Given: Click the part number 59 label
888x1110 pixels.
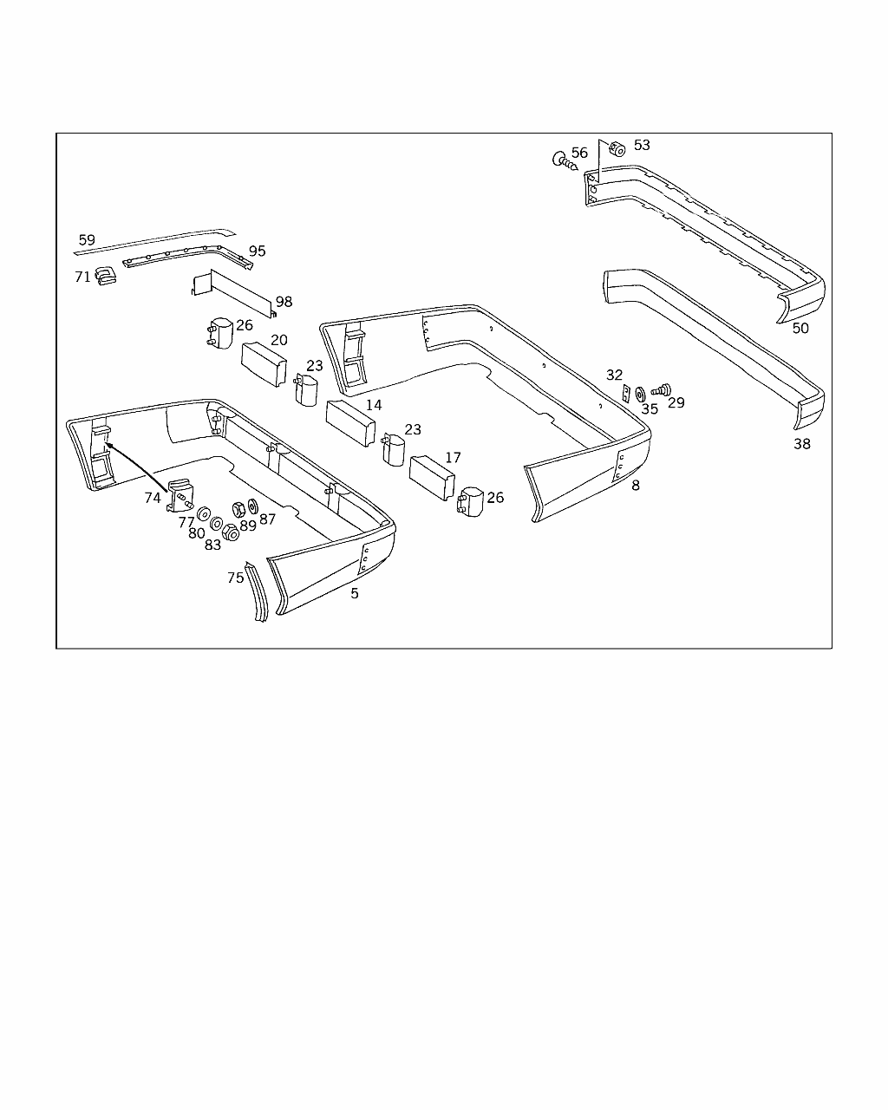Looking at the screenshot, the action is pos(87,240).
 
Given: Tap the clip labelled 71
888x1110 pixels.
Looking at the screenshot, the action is pos(106,276).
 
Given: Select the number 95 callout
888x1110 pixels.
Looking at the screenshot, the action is pos(257,251).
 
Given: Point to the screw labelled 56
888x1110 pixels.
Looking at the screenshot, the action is pos(565,161).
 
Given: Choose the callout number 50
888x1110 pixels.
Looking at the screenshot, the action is pos(800,329).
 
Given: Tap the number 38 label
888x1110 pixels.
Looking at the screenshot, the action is pos(802,444).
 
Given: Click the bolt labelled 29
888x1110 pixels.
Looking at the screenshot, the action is pos(662,390).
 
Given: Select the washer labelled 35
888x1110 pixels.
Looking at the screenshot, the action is pos(640,395).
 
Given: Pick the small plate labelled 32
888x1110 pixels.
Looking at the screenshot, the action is pos(626,394).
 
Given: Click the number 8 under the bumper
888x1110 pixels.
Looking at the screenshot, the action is pos(636,486).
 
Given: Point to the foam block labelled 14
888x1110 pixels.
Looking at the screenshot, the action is pos(350,423).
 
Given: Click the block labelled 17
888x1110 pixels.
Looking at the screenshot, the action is pos(432,478).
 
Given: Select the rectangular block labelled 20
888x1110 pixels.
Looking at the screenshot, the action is pos(264,363).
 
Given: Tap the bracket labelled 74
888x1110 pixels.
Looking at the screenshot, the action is pos(180,495).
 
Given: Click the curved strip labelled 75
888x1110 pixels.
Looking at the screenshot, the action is pos(257,592).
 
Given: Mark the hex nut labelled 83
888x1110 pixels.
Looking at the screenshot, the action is pos(230,532).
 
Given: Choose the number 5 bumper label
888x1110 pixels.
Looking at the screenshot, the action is pos(355,594).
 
